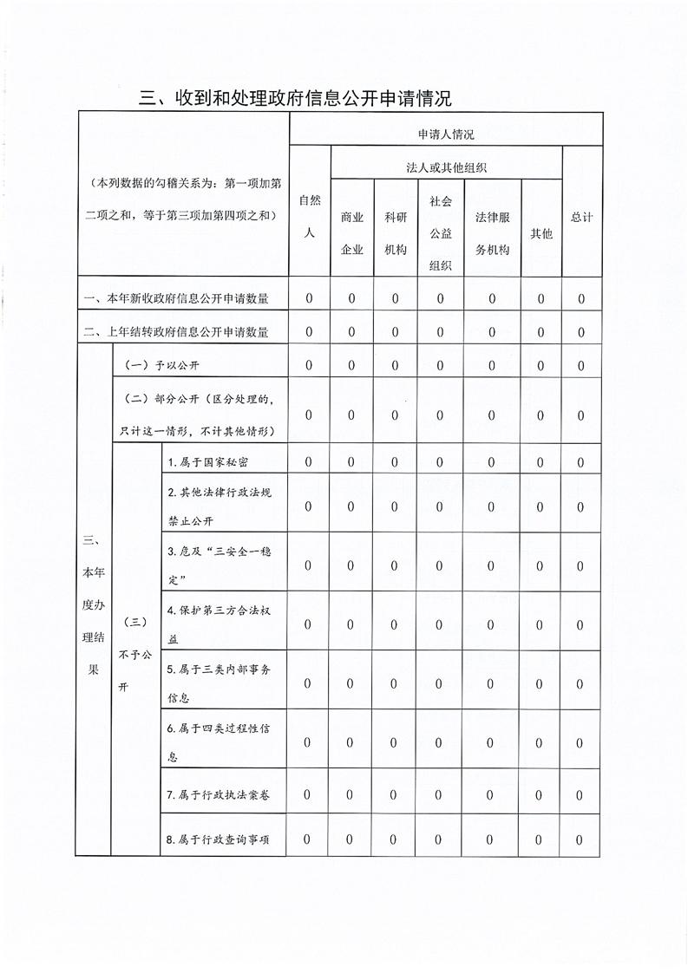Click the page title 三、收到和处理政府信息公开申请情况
[295, 98]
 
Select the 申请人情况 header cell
[446, 134]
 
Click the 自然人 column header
[310, 216]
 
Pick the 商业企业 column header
[352, 233]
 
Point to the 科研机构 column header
[396, 233]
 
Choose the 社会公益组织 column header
[441, 233]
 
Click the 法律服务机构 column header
[492, 233]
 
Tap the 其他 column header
[541, 233]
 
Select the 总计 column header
[582, 217]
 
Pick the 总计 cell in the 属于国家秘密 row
[581, 462]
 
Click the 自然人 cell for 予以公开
[309, 365]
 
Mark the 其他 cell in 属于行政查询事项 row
[540, 839]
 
